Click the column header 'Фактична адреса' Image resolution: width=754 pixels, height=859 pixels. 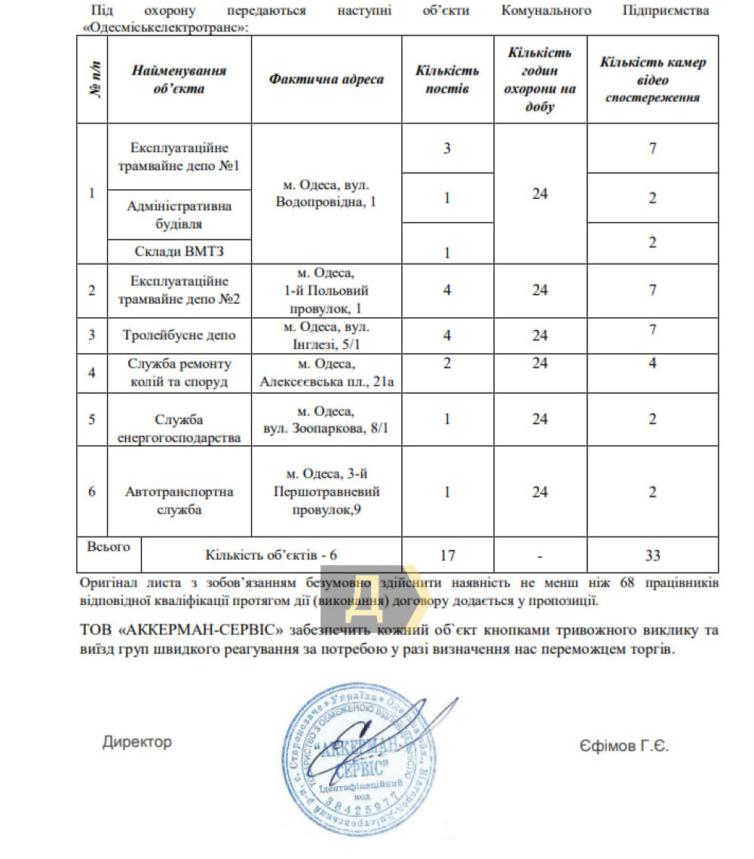coord(326,80)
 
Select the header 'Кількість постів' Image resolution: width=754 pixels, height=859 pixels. coord(447,80)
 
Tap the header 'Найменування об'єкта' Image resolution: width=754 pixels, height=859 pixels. coord(179,80)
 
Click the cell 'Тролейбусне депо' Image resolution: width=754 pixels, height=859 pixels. coord(179,335)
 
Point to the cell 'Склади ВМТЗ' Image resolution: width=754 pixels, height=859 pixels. coord(179,252)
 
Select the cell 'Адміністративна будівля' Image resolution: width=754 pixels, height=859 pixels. coord(179,214)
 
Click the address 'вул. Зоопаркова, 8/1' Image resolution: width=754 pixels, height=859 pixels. coord(326,428)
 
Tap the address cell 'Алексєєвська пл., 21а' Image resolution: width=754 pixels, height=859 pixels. coord(326,382)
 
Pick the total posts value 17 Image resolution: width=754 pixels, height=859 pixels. coord(447,555)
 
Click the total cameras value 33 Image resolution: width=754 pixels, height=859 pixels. coord(653,555)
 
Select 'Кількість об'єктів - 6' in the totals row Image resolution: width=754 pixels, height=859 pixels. coord(271,555)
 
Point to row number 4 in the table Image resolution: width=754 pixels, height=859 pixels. coord(92,373)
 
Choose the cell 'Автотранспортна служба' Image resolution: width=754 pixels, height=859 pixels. coord(179,500)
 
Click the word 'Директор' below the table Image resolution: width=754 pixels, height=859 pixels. coord(137,742)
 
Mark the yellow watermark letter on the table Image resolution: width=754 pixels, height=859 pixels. coord(366,592)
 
